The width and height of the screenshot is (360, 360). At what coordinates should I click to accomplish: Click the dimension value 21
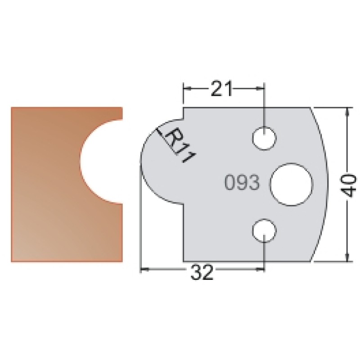[221, 88]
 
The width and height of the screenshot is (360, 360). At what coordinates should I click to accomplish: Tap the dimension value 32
[202, 273]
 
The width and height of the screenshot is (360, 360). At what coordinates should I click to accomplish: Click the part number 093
[242, 183]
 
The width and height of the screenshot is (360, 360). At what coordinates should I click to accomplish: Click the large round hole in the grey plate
[292, 184]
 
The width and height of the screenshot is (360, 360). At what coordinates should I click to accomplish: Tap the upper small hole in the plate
[264, 138]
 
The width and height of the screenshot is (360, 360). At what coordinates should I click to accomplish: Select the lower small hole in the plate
[264, 231]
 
